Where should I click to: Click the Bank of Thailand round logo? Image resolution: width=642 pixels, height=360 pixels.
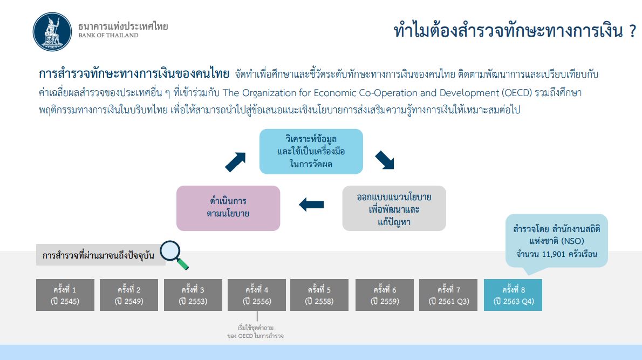[52, 31]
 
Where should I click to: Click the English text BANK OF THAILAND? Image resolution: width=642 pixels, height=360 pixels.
[108, 35]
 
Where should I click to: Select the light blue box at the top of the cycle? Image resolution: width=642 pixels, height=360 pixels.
[311, 152]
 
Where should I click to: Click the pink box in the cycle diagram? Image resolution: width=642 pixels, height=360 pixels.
[228, 208]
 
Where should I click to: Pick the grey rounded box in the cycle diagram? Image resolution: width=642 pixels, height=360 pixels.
[394, 208]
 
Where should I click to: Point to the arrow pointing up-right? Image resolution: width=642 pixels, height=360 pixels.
[235, 162]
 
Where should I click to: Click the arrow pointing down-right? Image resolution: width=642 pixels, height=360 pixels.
[385, 160]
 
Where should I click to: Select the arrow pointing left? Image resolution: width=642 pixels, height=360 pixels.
[312, 205]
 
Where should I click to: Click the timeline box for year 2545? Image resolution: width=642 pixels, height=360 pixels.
[65, 295]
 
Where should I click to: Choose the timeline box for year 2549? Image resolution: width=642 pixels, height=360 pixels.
[129, 295]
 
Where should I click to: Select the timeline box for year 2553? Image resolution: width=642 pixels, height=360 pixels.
[193, 295]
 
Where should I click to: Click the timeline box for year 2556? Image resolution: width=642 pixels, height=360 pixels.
[257, 295]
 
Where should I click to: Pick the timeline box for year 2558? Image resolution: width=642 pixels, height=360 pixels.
[319, 295]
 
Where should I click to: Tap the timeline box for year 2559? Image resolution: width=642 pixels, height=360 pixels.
[385, 295]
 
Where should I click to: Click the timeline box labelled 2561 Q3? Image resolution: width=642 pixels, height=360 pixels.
[448, 295]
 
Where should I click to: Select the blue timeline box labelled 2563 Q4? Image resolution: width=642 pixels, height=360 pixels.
[513, 295]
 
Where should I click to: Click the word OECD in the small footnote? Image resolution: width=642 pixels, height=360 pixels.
[245, 336]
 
